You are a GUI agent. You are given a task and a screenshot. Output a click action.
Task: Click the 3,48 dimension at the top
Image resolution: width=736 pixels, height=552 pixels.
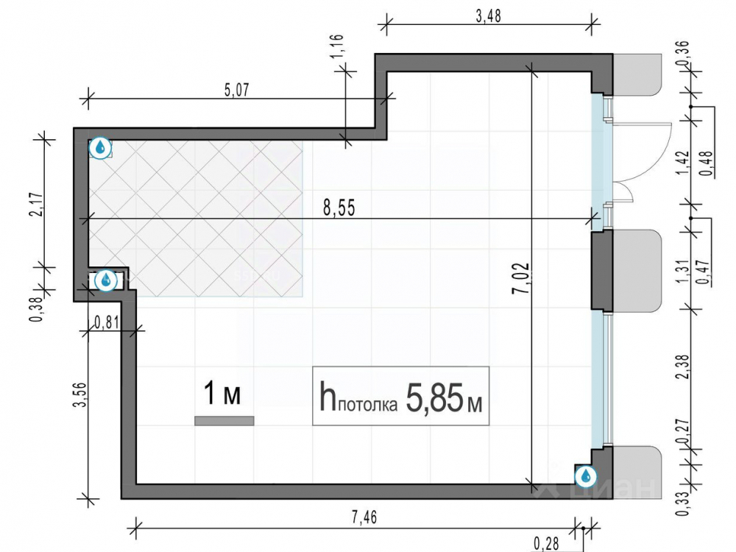(x=488, y=16)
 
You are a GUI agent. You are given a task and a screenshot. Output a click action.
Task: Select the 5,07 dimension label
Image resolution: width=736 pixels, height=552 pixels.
(x=236, y=90)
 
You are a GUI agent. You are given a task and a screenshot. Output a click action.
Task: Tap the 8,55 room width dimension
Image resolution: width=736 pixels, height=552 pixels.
(x=339, y=208)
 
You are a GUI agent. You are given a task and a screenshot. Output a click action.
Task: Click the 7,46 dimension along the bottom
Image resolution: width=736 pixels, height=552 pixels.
(x=364, y=517)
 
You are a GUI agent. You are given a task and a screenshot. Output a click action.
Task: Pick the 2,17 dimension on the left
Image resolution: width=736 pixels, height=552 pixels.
(x=37, y=205)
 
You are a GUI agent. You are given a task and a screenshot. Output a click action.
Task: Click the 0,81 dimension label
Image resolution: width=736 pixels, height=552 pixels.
(x=107, y=322)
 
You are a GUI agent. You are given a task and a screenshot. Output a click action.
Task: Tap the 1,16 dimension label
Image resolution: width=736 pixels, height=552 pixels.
(x=338, y=46)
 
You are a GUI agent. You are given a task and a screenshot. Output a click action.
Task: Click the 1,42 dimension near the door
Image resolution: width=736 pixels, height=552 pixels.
(x=683, y=163)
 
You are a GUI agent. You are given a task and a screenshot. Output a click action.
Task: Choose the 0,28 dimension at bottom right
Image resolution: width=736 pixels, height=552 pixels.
(x=546, y=544)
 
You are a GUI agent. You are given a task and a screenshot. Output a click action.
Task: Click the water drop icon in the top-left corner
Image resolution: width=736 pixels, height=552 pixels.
(x=100, y=149)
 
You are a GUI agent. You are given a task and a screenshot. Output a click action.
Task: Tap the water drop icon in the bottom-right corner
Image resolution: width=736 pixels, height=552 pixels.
(x=586, y=476)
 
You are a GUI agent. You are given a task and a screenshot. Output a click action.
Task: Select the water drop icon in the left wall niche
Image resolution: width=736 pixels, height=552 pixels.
(x=106, y=280)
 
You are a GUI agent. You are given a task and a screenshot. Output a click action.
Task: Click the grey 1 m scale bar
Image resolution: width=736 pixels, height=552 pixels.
(x=224, y=421)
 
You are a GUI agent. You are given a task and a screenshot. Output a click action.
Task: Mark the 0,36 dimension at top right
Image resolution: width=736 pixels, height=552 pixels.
(x=683, y=53)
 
